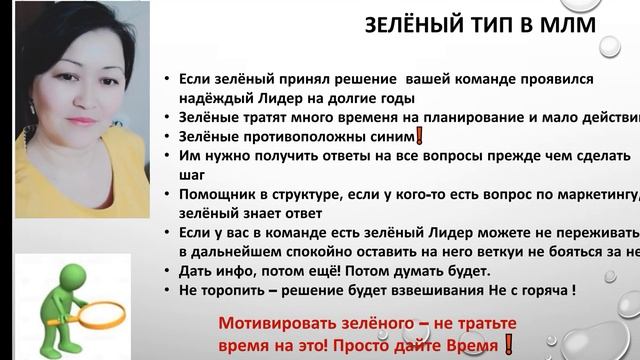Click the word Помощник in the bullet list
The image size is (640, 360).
(219, 194)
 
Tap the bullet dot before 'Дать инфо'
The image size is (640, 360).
(169, 272)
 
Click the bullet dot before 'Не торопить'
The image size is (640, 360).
(169, 291)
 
